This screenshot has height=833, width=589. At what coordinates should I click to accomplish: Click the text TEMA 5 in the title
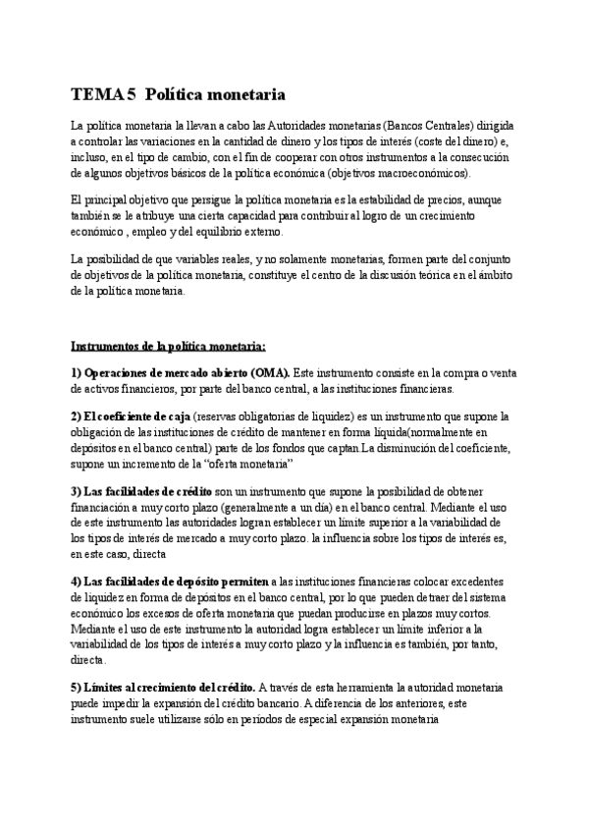click(103, 95)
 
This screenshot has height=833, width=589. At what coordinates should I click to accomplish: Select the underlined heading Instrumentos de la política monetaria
click(168, 346)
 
